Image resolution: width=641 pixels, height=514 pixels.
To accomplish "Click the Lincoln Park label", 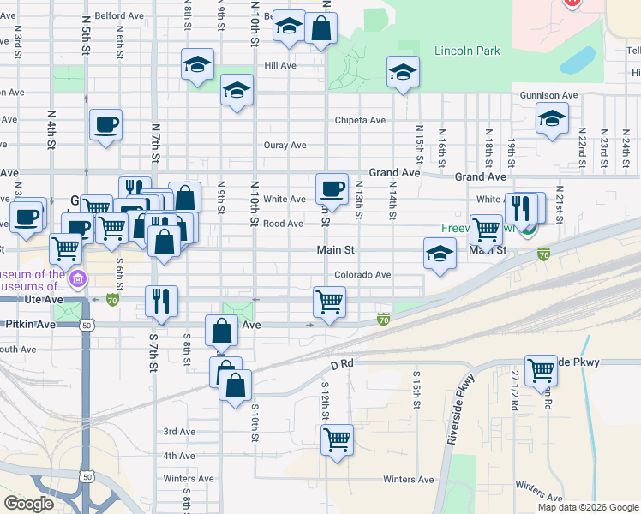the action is (x=467, y=51).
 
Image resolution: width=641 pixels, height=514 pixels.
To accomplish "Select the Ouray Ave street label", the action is (x=285, y=146).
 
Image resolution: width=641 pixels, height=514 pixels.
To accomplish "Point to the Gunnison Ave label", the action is (x=548, y=95).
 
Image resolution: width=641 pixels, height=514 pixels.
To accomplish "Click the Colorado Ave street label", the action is (x=362, y=275).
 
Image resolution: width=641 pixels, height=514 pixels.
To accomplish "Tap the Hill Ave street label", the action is (x=280, y=65).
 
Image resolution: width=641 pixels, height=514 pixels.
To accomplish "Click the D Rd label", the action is (x=342, y=364).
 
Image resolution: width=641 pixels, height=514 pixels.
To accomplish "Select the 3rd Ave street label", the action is (x=179, y=432).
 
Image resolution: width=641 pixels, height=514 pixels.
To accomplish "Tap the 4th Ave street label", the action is (x=179, y=456).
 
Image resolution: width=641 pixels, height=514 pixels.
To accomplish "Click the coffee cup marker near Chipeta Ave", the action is (x=105, y=124).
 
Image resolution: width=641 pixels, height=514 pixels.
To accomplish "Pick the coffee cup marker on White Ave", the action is (x=332, y=188).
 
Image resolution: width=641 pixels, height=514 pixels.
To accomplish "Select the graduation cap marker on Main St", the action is (x=440, y=253).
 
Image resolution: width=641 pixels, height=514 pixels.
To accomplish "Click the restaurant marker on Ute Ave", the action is (x=161, y=300).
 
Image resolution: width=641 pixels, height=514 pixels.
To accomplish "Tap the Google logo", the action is (x=29, y=503).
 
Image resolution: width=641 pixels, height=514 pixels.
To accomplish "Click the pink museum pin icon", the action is (x=79, y=278).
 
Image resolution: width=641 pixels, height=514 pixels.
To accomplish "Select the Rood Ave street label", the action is (x=284, y=224).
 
